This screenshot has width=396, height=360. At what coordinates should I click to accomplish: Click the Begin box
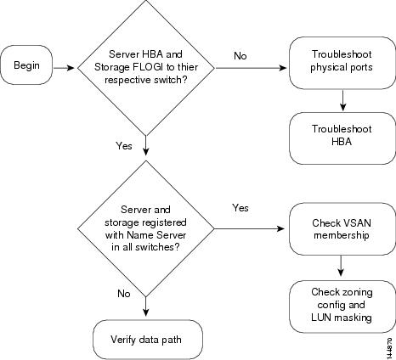pos(26,65)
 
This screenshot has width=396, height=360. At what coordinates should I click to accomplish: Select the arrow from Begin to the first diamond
pos(64,68)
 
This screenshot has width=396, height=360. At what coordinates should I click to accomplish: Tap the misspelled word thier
pos(188,67)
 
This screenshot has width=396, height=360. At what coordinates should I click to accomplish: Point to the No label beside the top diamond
pos(240,56)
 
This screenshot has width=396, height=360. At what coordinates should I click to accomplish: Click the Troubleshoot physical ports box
pos(342,63)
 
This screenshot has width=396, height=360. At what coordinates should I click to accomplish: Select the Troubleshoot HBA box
pos(342,138)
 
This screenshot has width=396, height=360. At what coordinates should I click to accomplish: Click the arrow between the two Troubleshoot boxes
pos(342,100)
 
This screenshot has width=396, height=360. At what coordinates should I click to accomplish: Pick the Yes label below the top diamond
pos(124,146)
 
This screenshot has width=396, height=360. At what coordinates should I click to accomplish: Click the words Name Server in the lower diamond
pos(156,235)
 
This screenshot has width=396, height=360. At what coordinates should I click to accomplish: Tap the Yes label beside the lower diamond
pos(240,208)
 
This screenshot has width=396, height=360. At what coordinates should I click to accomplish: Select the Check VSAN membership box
pos(342,228)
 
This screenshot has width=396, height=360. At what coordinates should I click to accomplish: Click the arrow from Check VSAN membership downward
pos(341,266)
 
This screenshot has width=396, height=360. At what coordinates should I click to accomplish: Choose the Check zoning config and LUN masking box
pos(342,307)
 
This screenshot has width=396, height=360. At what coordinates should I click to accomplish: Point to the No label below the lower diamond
pos(124,294)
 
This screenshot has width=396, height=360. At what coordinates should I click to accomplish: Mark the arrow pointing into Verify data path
pos(145,307)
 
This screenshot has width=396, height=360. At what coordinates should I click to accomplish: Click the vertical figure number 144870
pos(390,348)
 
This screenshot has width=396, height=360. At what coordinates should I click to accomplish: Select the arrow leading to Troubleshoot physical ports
pos(252,68)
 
